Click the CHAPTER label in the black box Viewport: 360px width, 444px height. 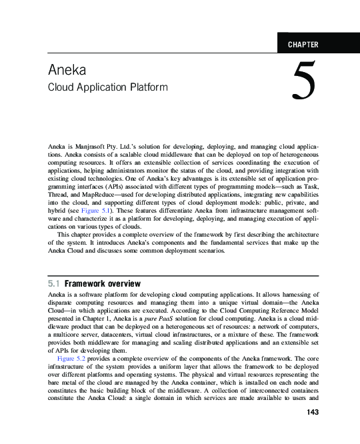(303, 45)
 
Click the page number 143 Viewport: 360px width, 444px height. (311, 412)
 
